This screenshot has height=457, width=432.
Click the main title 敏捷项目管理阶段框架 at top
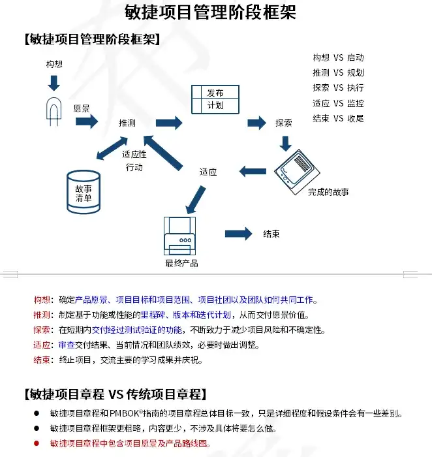pos(210,12)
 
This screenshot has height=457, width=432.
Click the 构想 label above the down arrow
pos(54,64)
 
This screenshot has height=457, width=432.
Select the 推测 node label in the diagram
pos(127,123)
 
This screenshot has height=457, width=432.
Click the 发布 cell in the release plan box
pos(215,93)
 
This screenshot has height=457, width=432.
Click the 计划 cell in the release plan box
pos(215,104)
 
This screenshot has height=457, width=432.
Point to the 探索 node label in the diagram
pos(284,122)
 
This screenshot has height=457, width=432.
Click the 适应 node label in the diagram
pos(208,172)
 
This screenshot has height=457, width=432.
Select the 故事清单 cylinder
pos(83,192)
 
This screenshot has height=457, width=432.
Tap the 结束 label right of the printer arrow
pos(271,234)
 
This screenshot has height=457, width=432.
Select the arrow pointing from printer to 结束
pos(238,234)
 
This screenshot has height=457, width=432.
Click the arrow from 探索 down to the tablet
pos(285,142)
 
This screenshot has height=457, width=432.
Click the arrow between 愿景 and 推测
pos(86,121)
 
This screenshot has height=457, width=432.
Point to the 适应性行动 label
pos(134,161)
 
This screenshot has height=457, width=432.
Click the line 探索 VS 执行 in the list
pos(337,87)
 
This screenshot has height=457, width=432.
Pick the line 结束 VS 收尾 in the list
pos(337,118)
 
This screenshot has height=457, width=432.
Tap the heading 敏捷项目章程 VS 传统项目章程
pos(115,394)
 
